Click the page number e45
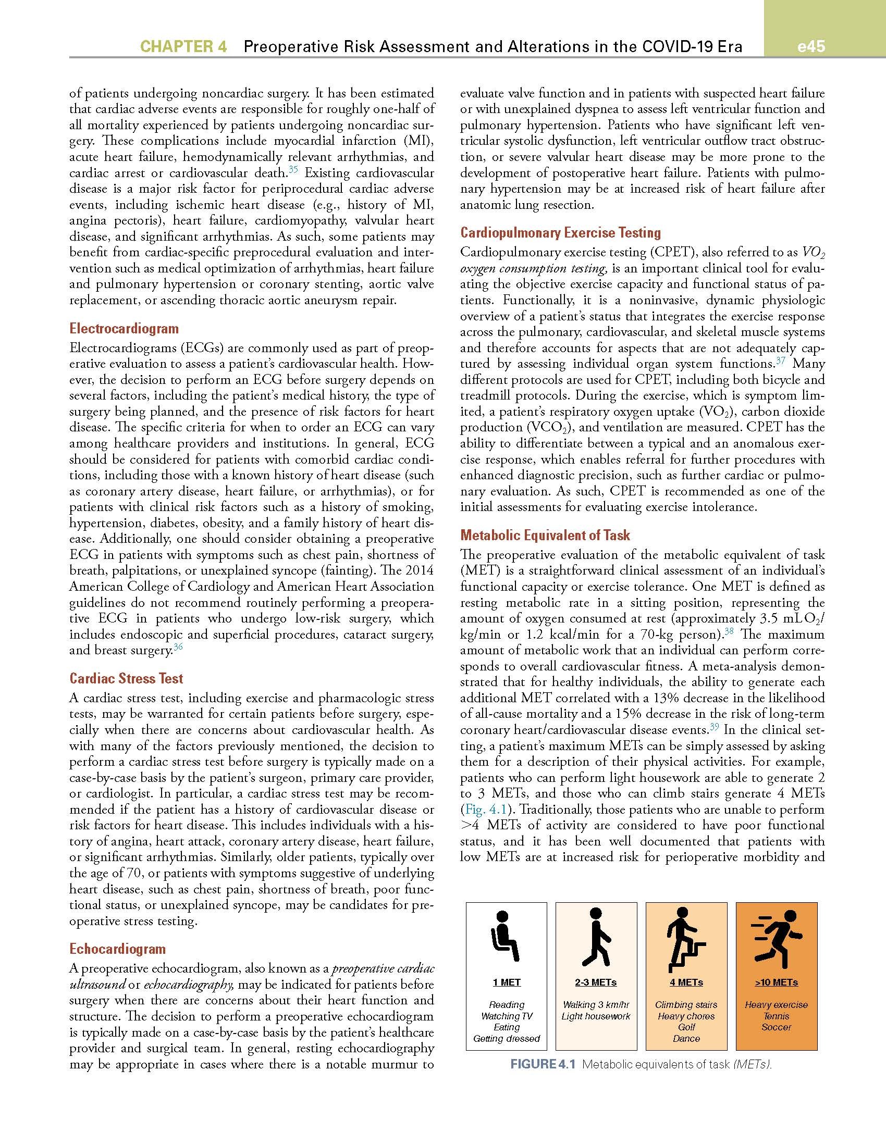(811, 46)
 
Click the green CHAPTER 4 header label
(183, 47)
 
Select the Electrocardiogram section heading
(124, 329)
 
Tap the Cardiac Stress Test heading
(127, 678)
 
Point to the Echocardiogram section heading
(118, 949)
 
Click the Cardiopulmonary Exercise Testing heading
(560, 232)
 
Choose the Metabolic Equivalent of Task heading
(545, 535)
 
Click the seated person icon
(504, 936)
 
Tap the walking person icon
(596, 936)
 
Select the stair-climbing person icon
(685, 936)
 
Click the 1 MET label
(507, 982)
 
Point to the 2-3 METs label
(596, 982)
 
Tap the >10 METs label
(776, 982)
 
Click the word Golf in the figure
(686, 1027)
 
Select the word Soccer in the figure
(776, 1027)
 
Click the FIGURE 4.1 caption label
(543, 1064)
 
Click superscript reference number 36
(178, 648)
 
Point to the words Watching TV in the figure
(507, 1016)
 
